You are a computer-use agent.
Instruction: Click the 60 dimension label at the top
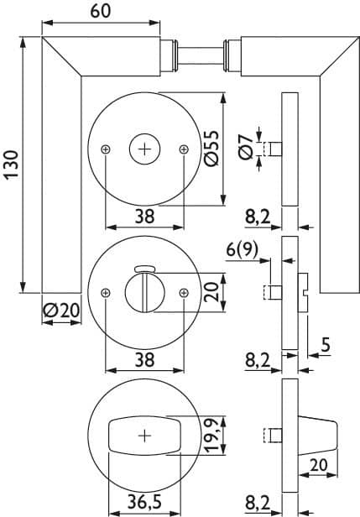tap(101, 12)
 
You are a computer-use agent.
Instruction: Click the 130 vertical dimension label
tap(12, 164)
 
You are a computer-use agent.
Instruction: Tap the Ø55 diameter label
tap(211, 149)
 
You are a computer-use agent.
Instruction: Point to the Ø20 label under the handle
tap(61, 311)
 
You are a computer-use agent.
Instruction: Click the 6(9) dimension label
tap(243, 250)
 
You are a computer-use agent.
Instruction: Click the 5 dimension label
tap(326, 345)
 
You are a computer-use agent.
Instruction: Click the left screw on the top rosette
tap(106, 149)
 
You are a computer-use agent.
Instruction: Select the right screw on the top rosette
tap(184, 149)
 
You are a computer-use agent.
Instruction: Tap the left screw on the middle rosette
tap(106, 292)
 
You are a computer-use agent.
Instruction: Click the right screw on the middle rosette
tap(184, 292)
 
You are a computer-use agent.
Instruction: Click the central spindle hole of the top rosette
tap(144, 149)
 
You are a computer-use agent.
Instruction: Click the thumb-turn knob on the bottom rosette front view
tap(144, 436)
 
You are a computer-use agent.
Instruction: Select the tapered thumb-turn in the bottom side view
tap(318, 436)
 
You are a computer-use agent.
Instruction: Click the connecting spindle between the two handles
tap(201, 56)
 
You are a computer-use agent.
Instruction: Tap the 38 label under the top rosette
tap(144, 217)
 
